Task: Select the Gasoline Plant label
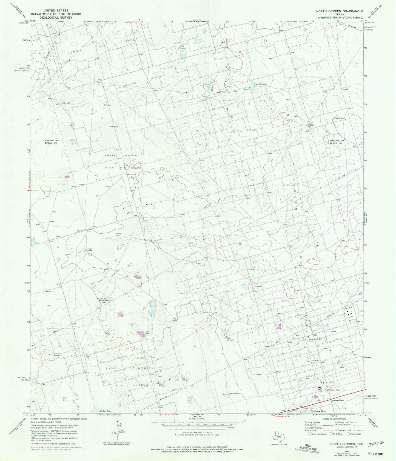[x=335, y=390]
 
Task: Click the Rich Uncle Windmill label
[x=58, y=354]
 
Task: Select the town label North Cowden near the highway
[x=338, y=400]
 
